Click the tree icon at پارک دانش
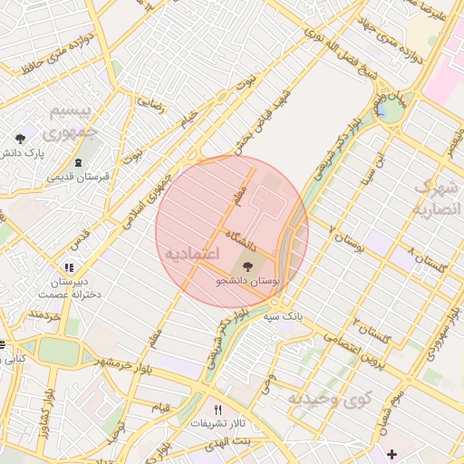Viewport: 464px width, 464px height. click(x=20, y=138)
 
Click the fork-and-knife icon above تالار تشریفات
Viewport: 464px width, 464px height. click(x=217, y=409)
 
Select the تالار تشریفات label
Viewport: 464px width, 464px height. click(x=217, y=423)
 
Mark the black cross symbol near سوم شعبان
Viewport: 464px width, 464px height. click(x=391, y=453)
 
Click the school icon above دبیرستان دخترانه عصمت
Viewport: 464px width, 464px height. click(x=69, y=267)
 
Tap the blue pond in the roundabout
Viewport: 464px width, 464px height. click(x=391, y=111)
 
